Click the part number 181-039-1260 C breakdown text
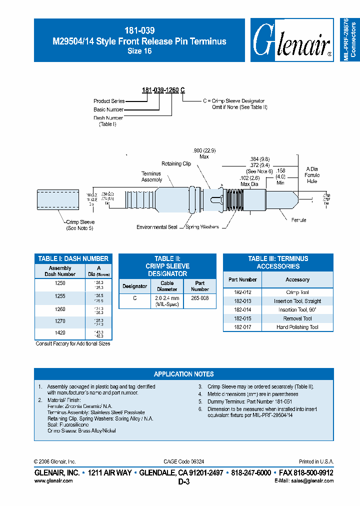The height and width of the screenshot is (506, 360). click(x=163, y=90)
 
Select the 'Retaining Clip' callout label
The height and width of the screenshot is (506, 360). click(x=176, y=164)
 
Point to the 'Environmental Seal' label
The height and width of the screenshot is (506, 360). click(x=157, y=227)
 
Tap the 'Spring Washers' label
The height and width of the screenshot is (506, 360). click(x=202, y=227)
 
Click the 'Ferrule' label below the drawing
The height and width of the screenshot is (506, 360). click(x=298, y=220)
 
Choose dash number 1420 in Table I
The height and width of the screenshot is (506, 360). click(x=60, y=332)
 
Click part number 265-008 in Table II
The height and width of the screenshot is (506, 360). click(x=200, y=298)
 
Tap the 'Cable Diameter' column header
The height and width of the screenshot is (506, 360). click(x=167, y=286)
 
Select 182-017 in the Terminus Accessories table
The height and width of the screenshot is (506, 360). click(x=242, y=327)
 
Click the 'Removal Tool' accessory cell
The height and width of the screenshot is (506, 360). click(x=297, y=318)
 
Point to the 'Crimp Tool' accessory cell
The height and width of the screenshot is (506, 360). click(x=297, y=292)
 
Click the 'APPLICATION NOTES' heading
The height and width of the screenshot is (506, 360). click(x=183, y=374)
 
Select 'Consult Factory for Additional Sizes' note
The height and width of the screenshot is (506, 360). click(x=73, y=344)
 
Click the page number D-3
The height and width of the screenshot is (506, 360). click(x=183, y=482)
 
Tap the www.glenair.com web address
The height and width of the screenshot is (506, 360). click(x=53, y=480)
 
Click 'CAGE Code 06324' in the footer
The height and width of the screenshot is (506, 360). click(x=183, y=461)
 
